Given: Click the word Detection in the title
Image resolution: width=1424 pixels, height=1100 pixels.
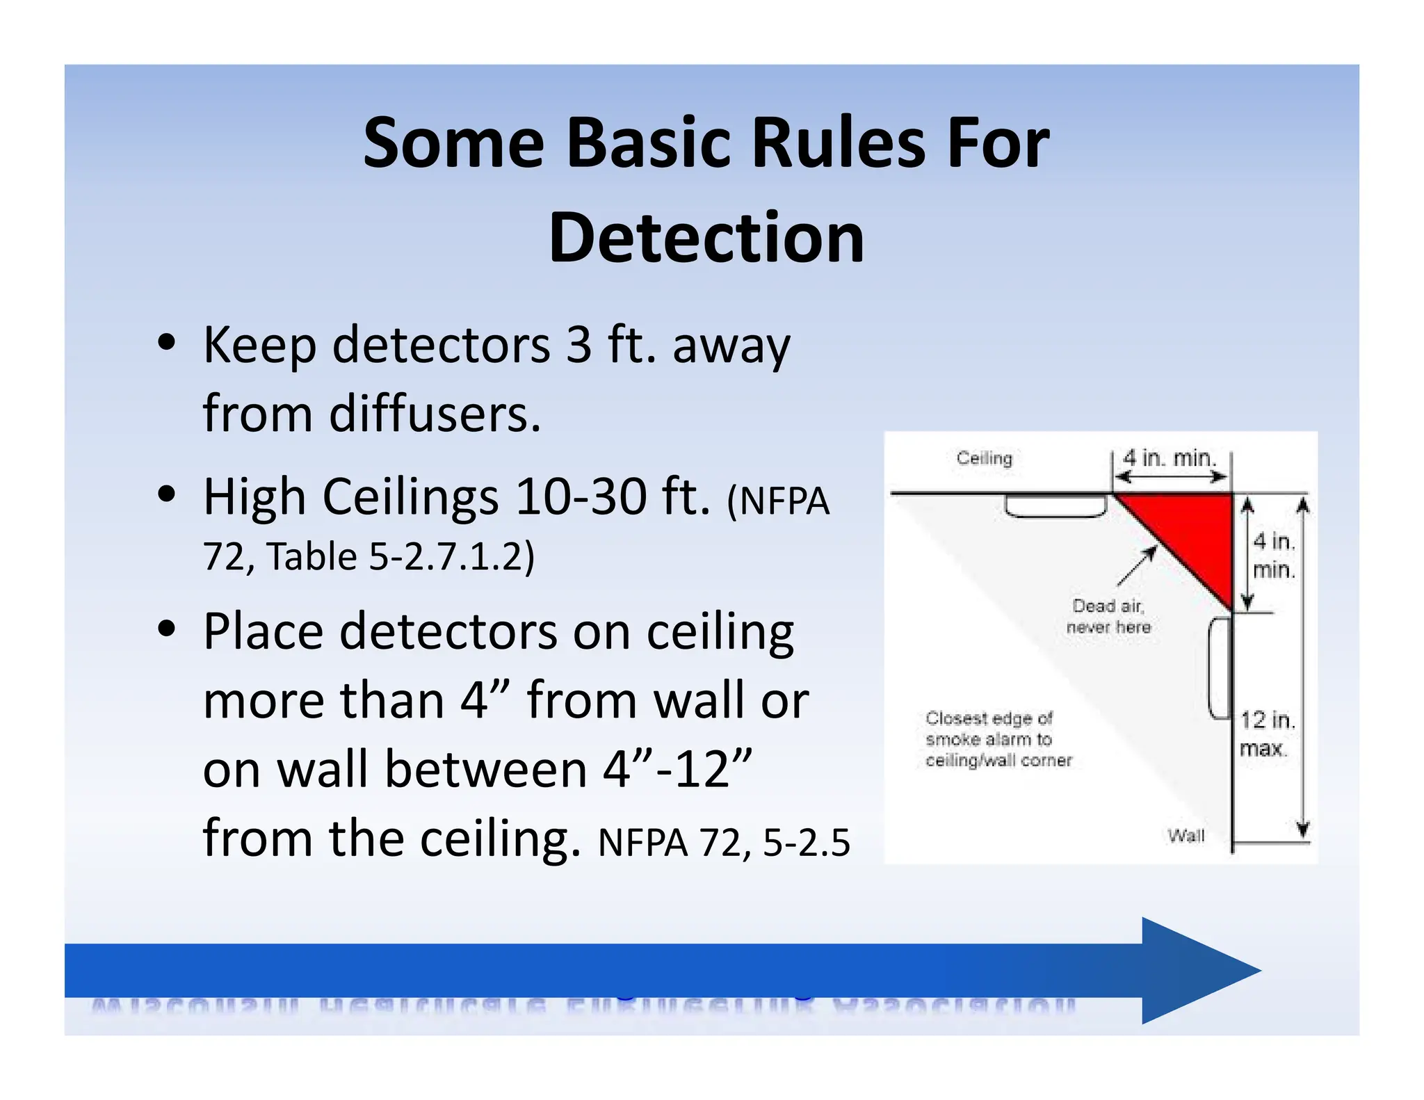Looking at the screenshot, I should tap(706, 238).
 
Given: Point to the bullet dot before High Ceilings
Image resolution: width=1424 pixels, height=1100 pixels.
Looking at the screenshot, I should tap(166, 494).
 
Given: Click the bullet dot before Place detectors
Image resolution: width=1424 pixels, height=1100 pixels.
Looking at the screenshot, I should tap(166, 629).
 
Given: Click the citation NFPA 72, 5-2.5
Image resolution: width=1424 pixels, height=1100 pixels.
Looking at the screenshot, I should tap(723, 843).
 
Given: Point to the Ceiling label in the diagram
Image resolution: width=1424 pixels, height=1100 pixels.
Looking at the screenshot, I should tap(984, 458).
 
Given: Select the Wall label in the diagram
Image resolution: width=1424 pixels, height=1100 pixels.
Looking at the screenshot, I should tap(1186, 836).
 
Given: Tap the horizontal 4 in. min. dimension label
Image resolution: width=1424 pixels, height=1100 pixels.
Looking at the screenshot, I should tap(1170, 458).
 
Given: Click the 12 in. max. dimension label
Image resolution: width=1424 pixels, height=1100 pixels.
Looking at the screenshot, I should tap(1267, 734).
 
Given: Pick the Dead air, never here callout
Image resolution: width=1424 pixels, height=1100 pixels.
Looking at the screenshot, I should tap(1108, 616).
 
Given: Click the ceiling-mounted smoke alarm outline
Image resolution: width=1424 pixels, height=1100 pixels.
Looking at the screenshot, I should tap(1055, 505).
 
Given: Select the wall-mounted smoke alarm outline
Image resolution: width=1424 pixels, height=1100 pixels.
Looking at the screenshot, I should tap(1220, 668).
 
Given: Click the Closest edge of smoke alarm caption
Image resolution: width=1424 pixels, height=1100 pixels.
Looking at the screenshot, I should tap(998, 739).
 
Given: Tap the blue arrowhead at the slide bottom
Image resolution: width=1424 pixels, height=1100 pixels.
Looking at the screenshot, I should tap(1196, 971).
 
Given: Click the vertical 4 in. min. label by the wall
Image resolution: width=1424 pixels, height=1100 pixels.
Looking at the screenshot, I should tap(1273, 556).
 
